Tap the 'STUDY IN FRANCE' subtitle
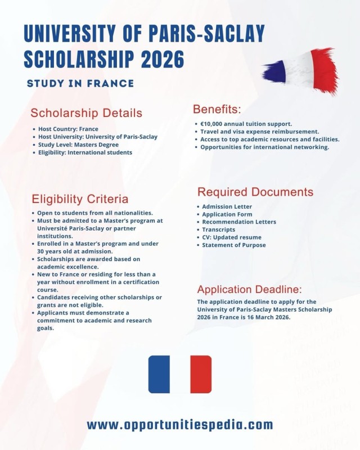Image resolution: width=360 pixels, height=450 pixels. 80,84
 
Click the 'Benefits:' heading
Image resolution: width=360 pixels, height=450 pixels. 217,109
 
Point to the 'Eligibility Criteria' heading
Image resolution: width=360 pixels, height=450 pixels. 80,199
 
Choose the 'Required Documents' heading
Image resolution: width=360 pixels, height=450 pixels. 255,192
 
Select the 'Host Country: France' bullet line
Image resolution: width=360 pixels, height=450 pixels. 68,129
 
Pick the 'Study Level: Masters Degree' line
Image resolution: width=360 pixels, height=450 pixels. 78,145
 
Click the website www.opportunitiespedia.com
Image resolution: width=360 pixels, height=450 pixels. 180,425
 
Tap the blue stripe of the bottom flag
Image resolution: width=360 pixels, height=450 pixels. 159,374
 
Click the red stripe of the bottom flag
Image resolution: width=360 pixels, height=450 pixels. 201,374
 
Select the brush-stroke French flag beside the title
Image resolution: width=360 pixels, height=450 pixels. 301,70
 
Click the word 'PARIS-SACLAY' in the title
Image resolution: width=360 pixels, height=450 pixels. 203,35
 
